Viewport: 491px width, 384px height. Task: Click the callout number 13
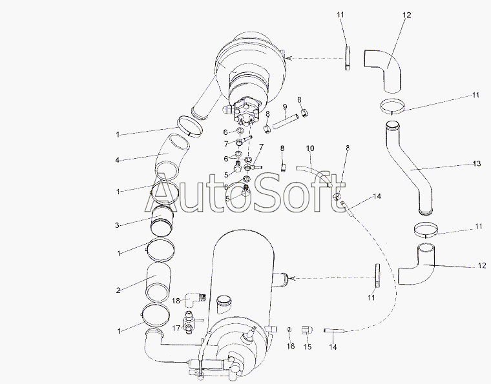[x=476, y=163]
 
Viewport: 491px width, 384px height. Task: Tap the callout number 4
[x=117, y=160]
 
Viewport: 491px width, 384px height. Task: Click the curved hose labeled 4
[x=172, y=156]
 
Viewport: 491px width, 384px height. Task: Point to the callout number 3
[x=117, y=225]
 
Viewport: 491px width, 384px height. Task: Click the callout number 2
[x=118, y=290]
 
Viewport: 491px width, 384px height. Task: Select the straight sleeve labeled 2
[x=158, y=283]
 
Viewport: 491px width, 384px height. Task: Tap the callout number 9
[x=285, y=107]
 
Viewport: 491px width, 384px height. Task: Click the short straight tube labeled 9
[x=286, y=121]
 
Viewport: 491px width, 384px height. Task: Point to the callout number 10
[x=310, y=148]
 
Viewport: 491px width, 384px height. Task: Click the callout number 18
[x=176, y=301]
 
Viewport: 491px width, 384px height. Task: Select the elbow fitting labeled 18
[x=194, y=299]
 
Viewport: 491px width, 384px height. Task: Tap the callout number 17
[x=176, y=328]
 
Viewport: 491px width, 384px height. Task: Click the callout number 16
[x=291, y=346]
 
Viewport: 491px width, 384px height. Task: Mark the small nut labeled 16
[x=289, y=329]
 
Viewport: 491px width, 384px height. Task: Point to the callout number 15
[x=308, y=347]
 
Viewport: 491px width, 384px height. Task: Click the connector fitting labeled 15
[x=306, y=330]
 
